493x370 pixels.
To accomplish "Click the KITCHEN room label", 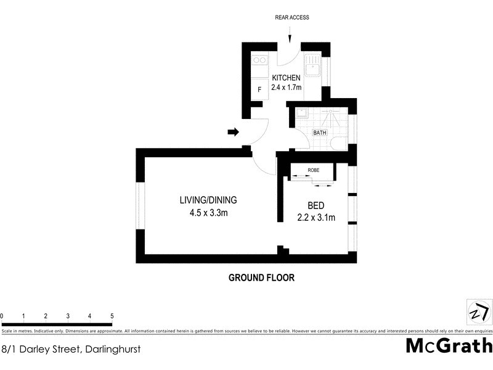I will coord(286,78).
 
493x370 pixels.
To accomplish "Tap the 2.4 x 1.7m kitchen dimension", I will coord(286,88).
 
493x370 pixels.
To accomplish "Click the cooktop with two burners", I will coord(259,60).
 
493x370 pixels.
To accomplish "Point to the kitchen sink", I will coord(312,65).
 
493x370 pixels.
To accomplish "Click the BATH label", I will coord(320,133).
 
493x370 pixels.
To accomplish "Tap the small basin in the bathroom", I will coord(302,113).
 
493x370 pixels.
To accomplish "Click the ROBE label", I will coord(313,170).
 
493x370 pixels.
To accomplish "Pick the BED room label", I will coord(316,206).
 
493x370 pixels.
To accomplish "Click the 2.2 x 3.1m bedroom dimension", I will coord(316,217).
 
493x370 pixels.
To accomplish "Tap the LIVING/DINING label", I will coord(208,200).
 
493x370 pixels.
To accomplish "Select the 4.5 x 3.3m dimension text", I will coord(208,213).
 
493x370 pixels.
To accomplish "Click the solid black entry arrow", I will coord(234,131).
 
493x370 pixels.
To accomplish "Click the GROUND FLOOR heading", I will coord(261,277).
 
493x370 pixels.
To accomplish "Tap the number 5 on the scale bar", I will coord(112,316).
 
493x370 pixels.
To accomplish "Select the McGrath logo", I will coord(449,345).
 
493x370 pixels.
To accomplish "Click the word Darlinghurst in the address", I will coord(112,349).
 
